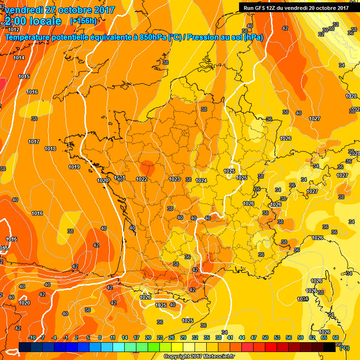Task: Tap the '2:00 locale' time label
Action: [x=33, y=22]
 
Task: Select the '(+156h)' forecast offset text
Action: [x=83, y=21]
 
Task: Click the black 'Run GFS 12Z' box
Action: [x=296, y=7]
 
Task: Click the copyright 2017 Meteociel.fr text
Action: [x=199, y=356]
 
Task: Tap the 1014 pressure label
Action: [x=19, y=58]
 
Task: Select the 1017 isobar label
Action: [x=33, y=142]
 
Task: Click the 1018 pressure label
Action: [x=50, y=149]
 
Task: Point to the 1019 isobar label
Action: [x=74, y=167]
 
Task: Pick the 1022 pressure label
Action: [x=142, y=179]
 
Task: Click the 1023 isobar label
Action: [x=174, y=179]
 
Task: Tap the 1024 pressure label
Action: [x=201, y=180]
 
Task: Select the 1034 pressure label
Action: [x=302, y=299]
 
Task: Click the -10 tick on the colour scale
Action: [x=32, y=337]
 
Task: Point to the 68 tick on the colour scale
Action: [x=336, y=337]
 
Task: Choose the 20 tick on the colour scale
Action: [x=148, y=337]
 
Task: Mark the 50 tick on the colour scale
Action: [x=265, y=337]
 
